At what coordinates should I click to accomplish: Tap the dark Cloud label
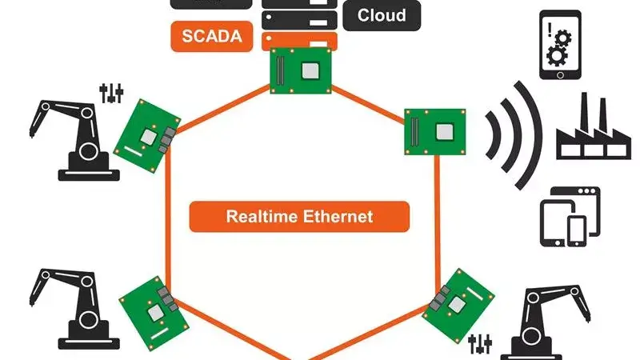[382, 14]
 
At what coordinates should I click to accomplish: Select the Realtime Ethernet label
[299, 216]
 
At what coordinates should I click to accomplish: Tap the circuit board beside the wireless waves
[435, 130]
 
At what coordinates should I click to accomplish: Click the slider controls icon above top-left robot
[111, 93]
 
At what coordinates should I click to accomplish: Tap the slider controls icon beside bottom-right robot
[480, 345]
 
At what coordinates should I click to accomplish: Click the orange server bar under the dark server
[300, 39]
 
